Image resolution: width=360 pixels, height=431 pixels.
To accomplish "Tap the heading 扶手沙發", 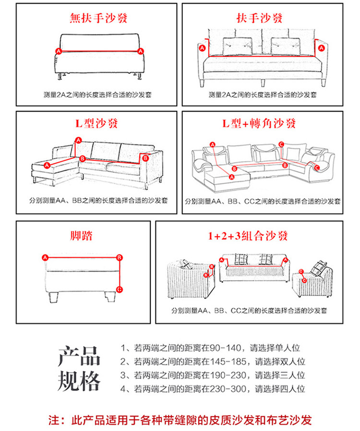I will pyautogui.click(x=260, y=19).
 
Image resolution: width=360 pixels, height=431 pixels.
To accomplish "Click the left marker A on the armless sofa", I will pyautogui.click(x=58, y=51).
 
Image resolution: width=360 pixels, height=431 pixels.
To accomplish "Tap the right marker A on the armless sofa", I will pyautogui.click(x=141, y=51).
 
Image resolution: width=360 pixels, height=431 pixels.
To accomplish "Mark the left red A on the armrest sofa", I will pyautogui.click(x=202, y=48).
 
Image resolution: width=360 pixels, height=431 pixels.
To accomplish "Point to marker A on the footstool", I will pyautogui.click(x=45, y=258).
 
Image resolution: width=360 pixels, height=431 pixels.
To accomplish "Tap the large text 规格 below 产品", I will pyautogui.click(x=80, y=382).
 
